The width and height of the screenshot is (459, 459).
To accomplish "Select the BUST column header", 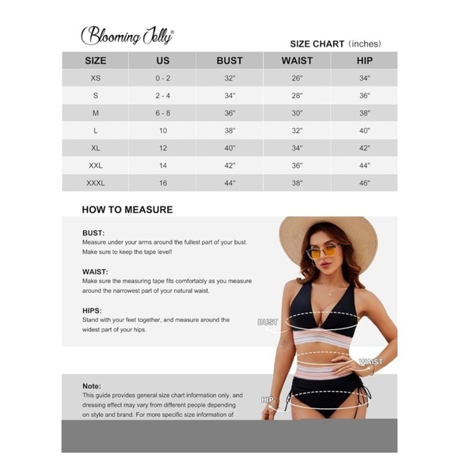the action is [x=229, y=60].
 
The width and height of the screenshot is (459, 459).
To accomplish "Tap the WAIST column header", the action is [x=297, y=60].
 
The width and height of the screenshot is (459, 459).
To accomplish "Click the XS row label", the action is [x=96, y=78].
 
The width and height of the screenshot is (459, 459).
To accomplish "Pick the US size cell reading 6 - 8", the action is [x=162, y=113].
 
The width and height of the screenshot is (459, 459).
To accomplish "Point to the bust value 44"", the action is [x=229, y=183].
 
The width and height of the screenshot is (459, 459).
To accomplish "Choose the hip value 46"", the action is [x=364, y=183].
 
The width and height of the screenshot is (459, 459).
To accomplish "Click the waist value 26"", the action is [x=297, y=78].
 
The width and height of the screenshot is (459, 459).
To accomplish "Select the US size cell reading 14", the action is [x=162, y=165].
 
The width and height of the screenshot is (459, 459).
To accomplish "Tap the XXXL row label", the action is [x=96, y=183].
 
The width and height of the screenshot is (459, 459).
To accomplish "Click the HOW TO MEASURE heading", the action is [x=127, y=211].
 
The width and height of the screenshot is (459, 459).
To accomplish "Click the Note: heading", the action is [x=92, y=385].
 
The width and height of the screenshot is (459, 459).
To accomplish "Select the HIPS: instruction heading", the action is [x=92, y=310].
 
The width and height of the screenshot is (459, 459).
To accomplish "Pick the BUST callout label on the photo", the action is [x=267, y=322].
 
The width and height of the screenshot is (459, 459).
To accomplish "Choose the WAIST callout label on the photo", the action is [x=370, y=362].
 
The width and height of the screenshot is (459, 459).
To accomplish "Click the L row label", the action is [x=96, y=131].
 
